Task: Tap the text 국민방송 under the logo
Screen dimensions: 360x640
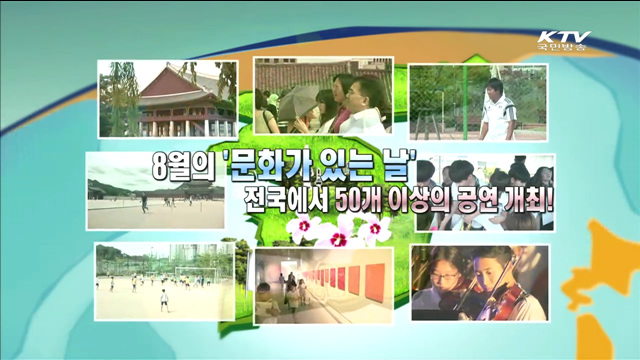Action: [564, 48]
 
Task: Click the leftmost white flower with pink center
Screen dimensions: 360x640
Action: [301, 231]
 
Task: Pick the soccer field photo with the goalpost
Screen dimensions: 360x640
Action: [164, 280]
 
